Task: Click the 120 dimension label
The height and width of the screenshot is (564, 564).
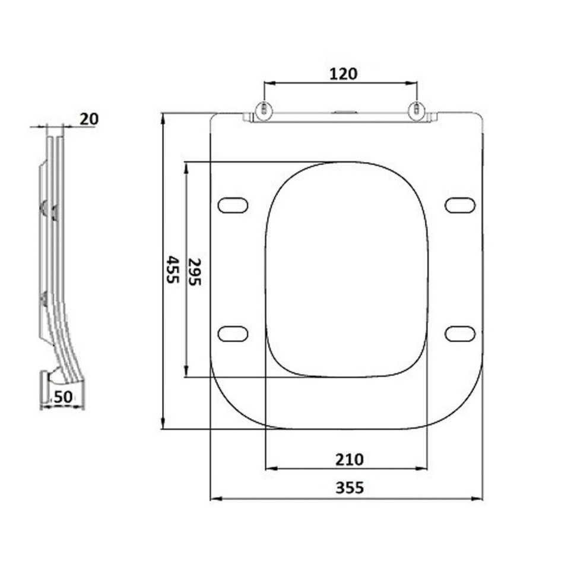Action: point(344,74)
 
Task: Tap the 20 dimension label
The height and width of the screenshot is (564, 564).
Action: point(88,119)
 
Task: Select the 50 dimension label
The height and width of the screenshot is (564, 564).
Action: point(63,397)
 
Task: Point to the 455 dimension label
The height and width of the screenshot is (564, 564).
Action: point(173,270)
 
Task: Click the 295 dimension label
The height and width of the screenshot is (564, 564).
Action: point(195,271)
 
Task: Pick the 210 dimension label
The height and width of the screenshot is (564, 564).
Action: point(349,460)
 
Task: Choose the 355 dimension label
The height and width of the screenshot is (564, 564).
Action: point(349,488)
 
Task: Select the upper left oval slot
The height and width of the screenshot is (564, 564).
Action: point(233,205)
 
